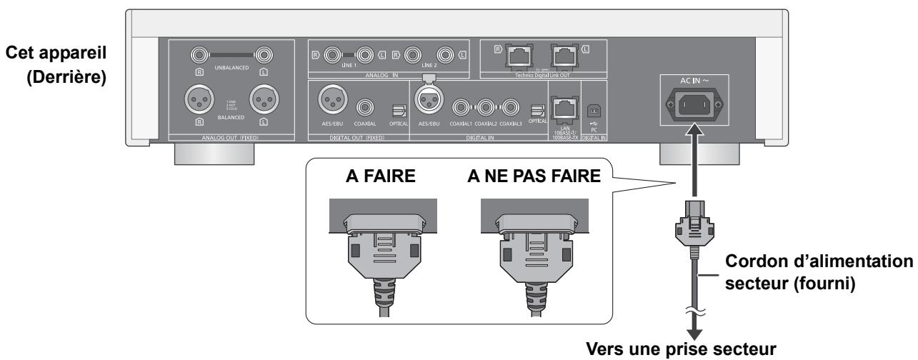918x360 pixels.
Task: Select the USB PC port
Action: tap(592, 110)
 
